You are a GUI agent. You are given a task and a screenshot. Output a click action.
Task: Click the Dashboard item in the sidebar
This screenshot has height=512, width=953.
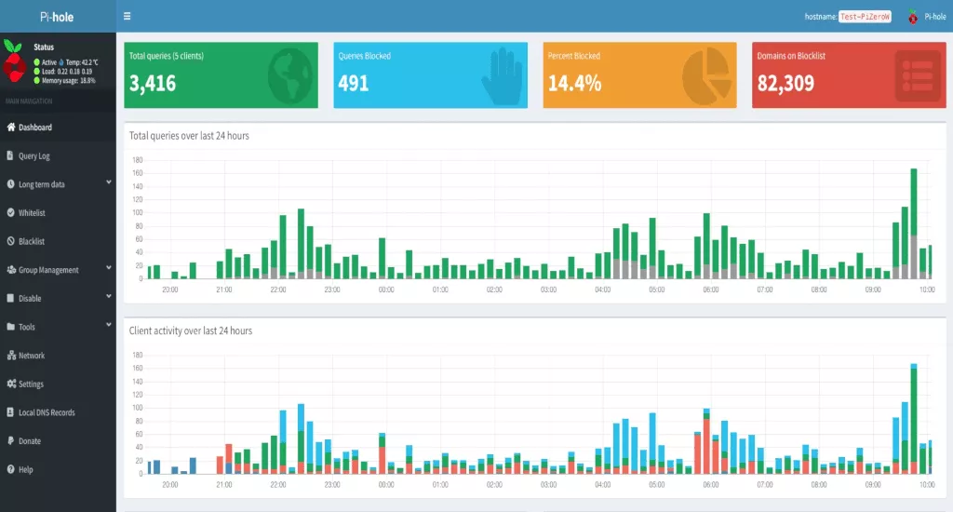[34, 128]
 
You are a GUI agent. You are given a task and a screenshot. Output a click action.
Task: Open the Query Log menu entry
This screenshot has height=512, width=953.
[34, 156]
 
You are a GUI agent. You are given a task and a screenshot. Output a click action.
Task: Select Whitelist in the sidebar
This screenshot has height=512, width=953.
[32, 213]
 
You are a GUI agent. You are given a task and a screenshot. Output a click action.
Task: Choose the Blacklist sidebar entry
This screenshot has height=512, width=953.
[32, 241]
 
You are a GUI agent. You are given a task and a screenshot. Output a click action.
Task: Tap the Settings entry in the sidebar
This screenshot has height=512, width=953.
[31, 384]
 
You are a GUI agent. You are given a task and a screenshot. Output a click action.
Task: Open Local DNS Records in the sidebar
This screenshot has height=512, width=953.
[47, 412]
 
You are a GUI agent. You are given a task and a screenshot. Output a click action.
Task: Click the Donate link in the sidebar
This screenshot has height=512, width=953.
[29, 441]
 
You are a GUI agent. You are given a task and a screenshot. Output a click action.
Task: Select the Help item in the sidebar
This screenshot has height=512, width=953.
[25, 470]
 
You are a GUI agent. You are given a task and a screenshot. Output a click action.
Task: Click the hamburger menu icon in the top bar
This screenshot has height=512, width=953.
[128, 16]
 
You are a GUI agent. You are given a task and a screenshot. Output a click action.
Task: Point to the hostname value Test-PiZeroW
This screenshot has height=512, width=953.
[865, 17]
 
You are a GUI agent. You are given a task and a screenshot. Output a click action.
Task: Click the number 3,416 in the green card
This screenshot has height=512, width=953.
[153, 83]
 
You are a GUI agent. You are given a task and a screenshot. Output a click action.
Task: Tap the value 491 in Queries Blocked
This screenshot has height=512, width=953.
[354, 83]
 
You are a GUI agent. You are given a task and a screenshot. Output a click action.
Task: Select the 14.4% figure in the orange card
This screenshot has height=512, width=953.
[574, 83]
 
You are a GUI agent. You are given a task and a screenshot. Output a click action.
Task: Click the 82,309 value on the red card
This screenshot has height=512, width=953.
[786, 83]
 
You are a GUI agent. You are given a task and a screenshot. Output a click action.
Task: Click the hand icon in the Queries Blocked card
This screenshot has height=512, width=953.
[502, 75]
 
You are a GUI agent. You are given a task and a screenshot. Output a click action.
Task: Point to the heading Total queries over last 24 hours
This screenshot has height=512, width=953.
[189, 136]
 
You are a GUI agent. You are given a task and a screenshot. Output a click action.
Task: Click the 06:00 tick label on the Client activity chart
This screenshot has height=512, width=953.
[711, 485]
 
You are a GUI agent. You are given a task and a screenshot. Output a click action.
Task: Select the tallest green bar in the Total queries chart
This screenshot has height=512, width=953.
[914, 201]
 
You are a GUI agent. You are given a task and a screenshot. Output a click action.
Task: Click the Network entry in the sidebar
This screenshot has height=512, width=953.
[31, 356]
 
